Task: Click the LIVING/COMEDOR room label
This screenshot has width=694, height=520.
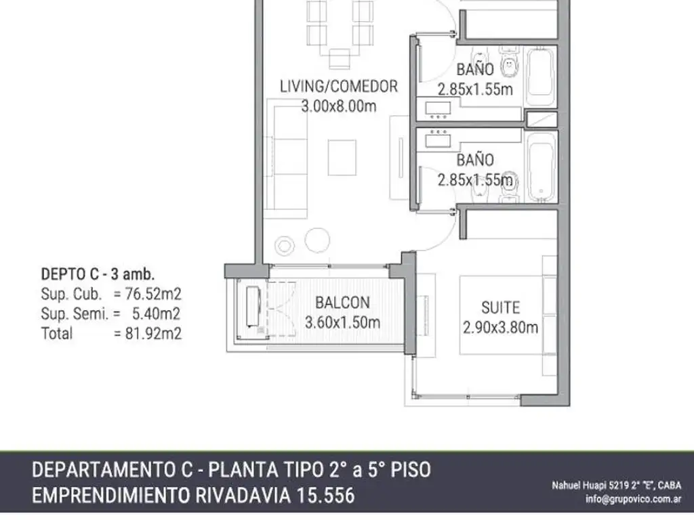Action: [339, 86]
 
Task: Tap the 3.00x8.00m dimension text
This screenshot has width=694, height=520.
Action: [339, 106]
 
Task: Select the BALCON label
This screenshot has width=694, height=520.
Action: [342, 303]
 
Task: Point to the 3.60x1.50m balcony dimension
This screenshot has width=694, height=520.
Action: [342, 322]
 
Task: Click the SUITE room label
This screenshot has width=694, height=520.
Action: [501, 308]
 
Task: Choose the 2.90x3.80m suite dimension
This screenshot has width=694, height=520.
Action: [501, 327]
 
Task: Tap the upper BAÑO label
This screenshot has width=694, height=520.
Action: [475, 70]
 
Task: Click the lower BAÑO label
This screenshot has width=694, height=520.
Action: [475, 160]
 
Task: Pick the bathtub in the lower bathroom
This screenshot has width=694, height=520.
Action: [541, 167]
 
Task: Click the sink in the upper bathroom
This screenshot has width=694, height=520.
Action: [438, 109]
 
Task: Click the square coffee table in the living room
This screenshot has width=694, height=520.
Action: [342, 157]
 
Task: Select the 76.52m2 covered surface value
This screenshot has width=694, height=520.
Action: [153, 294]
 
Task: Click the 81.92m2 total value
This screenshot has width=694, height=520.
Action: [153, 333]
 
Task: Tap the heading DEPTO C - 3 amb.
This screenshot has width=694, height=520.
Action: [98, 274]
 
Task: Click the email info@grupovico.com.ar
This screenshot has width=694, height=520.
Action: [634, 499]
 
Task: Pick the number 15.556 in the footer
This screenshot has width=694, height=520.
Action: [325, 496]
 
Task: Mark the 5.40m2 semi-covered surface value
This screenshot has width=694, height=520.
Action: [157, 314]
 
